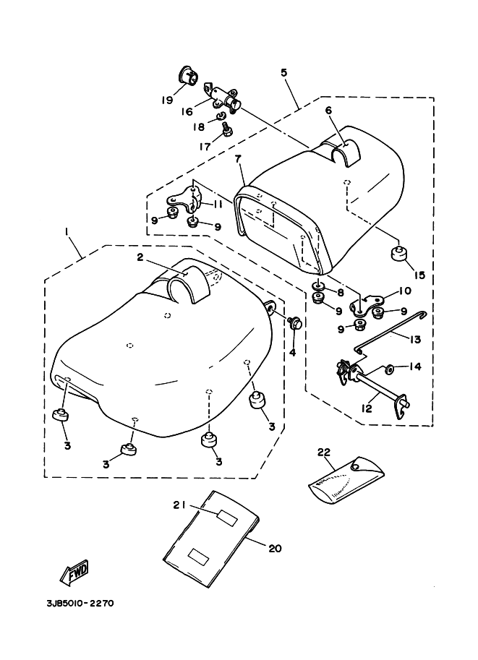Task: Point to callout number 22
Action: (x=324, y=453)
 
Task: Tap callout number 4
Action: (x=292, y=352)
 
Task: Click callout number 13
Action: (x=414, y=339)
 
